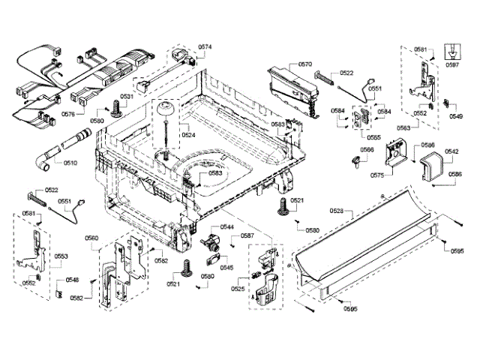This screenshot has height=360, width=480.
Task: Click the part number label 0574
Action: [x=205, y=47]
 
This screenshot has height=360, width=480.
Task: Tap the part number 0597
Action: [x=452, y=65]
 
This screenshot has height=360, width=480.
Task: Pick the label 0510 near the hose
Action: [x=70, y=163]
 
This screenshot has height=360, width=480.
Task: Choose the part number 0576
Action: [x=67, y=115]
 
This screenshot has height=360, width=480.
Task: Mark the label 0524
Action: [x=188, y=136]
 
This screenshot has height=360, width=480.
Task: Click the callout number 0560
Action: [x=91, y=238]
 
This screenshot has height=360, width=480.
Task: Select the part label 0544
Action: [x=226, y=226]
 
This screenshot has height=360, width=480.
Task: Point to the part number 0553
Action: [x=61, y=256]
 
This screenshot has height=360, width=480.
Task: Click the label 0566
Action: [x=366, y=150]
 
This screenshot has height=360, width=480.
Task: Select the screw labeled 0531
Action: [x=116, y=109]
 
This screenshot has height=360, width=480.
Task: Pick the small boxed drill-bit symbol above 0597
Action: [x=452, y=50]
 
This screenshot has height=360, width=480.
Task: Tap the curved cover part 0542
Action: [x=431, y=166]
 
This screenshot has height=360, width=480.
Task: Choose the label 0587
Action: [x=247, y=236]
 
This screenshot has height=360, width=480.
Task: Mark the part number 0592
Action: [x=29, y=283]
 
